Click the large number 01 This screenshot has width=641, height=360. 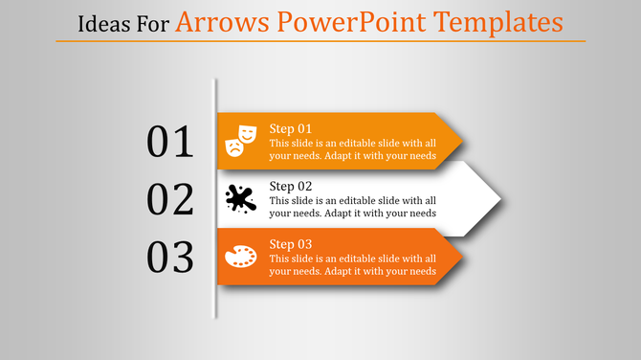click(x=170, y=142)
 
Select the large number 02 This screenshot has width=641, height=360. click(x=170, y=199)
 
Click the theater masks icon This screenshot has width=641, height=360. click(x=240, y=140)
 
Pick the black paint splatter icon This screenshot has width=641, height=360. click(x=240, y=198)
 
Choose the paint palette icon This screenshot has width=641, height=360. click(x=240, y=257)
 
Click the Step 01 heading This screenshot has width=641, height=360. click(x=291, y=128)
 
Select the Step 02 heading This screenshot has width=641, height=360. click(x=291, y=186)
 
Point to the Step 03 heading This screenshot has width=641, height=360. click(x=291, y=243)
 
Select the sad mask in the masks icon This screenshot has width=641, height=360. click(x=233, y=146)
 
